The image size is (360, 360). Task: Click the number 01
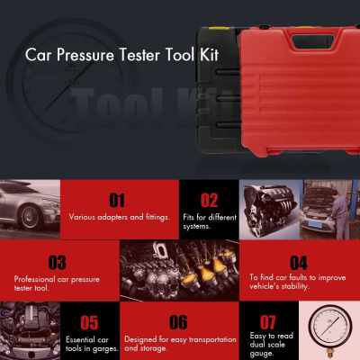117,199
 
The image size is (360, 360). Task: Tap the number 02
209,199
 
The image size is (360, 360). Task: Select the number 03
57,263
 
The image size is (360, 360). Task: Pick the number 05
88,321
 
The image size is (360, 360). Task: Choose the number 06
178,321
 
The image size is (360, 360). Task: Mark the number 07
268,321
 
